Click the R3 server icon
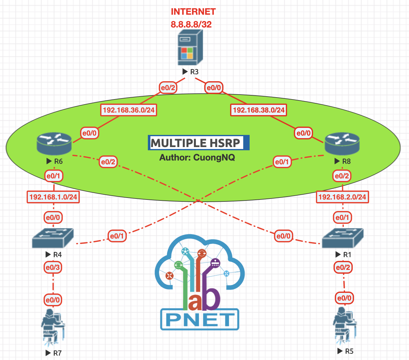coord(190,47)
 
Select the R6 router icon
coord(54,143)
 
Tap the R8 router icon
coord(342,144)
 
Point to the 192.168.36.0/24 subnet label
coord(129,110)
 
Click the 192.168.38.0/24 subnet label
coord(259,110)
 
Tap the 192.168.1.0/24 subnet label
coord(53,197)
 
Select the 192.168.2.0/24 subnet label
coord(342,197)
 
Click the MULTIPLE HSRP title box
coord(198,143)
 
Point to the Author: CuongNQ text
coord(197,157)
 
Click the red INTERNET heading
coord(193,12)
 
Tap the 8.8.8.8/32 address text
coord(191,24)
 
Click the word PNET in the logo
coord(200,319)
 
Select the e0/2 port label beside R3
coord(168,88)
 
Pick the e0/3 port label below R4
coord(53,268)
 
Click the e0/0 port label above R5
coord(344,298)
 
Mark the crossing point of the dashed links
coord(198,200)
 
